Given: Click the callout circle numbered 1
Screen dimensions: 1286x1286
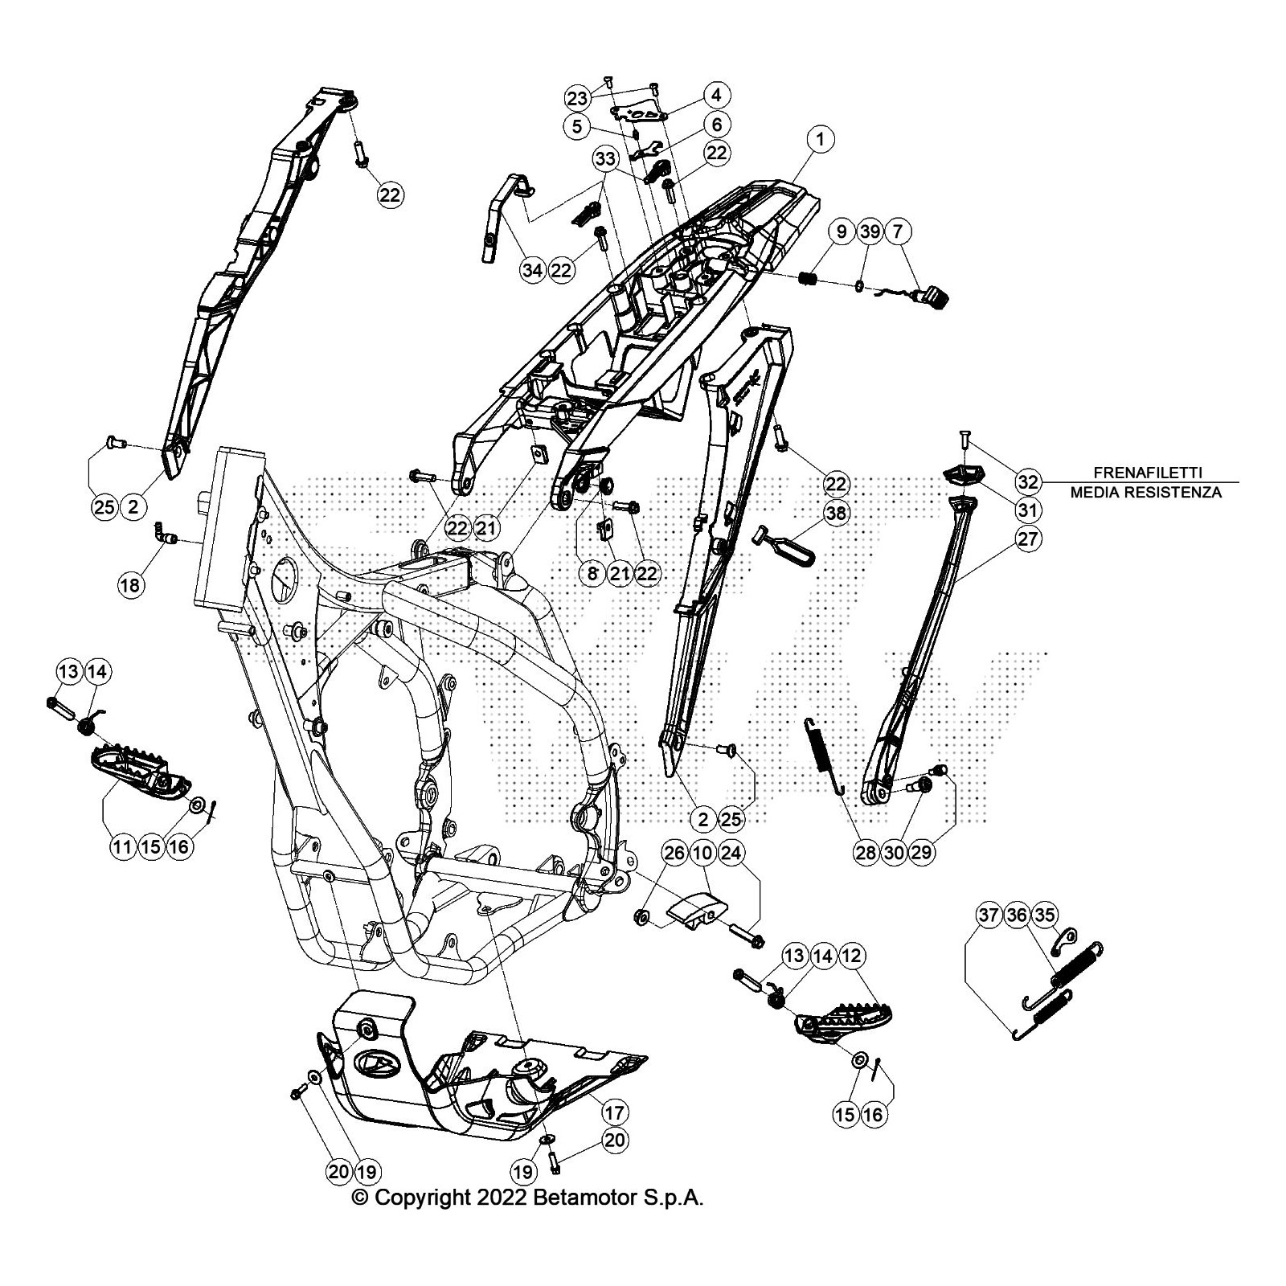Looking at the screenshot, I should (820, 139).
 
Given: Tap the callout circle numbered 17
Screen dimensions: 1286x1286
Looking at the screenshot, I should (615, 1112).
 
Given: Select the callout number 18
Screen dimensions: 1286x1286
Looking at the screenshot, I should (130, 584).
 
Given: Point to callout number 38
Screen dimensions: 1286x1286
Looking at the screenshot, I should (836, 512).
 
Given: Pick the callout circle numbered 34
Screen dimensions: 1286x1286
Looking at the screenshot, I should (532, 270).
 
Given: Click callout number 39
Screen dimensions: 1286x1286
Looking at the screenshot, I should (869, 231).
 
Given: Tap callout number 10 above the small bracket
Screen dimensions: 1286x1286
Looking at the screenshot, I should (703, 852).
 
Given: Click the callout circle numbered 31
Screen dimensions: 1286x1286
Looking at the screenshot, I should (1027, 510).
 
